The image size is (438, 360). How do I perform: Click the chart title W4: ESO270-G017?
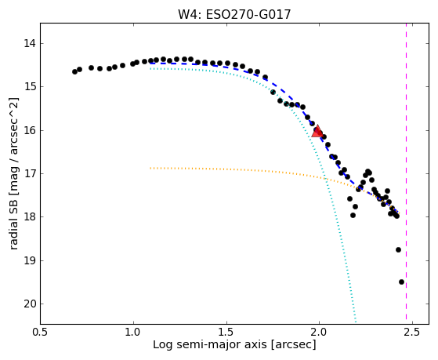[x=234, y=14]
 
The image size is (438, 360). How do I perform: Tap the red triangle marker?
[x=317, y=131]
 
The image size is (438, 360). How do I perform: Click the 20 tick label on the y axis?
[x=30, y=304]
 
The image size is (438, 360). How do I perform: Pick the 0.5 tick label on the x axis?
[x=41, y=332]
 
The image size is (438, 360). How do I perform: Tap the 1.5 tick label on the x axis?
[x=226, y=332]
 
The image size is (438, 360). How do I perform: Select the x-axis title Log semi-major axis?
[x=210, y=344]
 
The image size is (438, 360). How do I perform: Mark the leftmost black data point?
[x=74, y=71]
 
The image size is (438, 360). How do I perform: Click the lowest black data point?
[x=401, y=282]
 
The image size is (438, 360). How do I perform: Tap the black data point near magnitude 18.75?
[x=398, y=249]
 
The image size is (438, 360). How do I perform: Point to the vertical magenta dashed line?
[x=406, y=171]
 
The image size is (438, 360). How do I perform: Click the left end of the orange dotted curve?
[x=150, y=168]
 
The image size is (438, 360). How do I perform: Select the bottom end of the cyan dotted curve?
[x=356, y=322]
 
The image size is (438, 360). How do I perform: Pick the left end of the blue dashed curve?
[x=150, y=64]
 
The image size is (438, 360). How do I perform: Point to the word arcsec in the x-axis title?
[x=292, y=344]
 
